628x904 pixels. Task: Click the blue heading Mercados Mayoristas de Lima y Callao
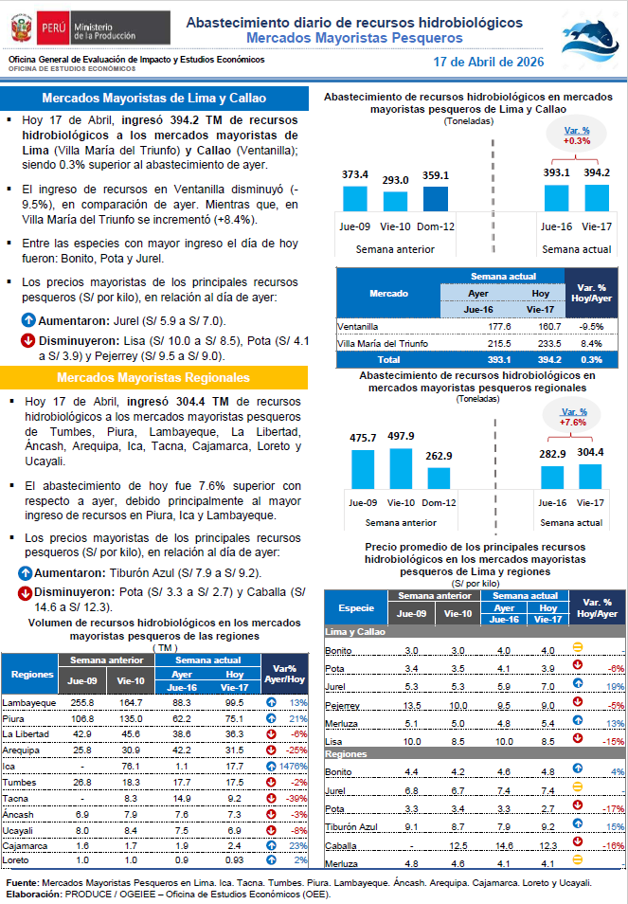(154, 99)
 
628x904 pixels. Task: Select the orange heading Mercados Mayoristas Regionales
(154, 377)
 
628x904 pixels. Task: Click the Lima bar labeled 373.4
(354, 198)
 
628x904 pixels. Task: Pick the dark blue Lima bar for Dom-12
(436, 198)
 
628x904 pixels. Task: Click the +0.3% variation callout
(577, 136)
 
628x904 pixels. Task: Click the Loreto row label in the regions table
(15, 859)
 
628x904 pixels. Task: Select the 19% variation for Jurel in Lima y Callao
(611, 685)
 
